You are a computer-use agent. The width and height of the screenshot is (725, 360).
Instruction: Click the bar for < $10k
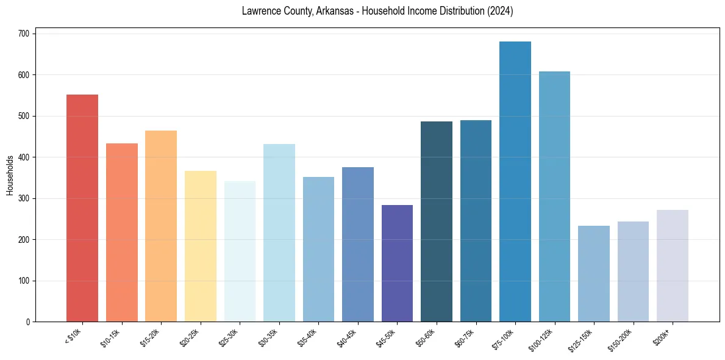82,208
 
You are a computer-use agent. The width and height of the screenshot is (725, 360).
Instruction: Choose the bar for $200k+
673,266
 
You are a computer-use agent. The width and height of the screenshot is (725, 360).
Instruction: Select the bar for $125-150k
594,274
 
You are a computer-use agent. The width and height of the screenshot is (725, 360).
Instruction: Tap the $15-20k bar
161,226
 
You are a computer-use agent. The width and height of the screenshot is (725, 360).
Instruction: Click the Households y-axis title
10,175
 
